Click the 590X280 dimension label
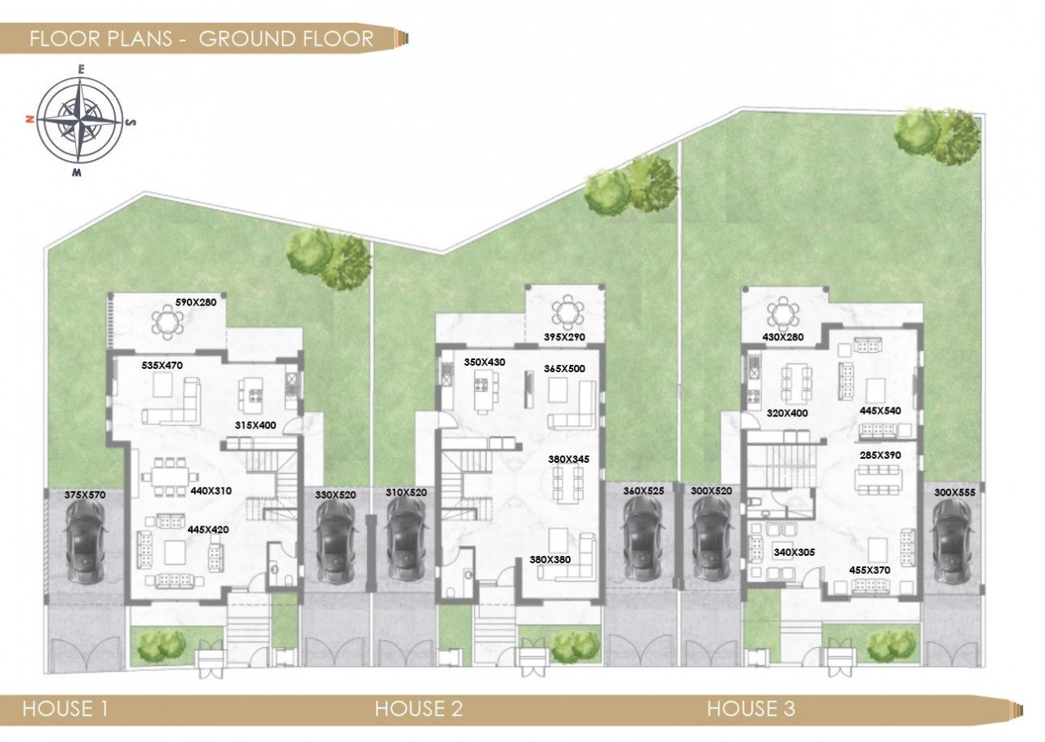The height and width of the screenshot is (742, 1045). pyautogui.click(x=196, y=302)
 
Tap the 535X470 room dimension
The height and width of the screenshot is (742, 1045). pyautogui.click(x=162, y=365)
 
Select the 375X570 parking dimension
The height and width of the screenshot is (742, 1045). pyautogui.click(x=86, y=495)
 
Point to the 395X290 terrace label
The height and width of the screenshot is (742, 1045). pyautogui.click(x=564, y=337)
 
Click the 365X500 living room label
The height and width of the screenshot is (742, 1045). pyautogui.click(x=564, y=368)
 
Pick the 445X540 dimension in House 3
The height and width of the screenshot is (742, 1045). pyautogui.click(x=881, y=411)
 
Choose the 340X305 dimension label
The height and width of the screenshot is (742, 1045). pyautogui.click(x=794, y=552)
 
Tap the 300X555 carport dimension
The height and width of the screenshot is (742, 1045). pyautogui.click(x=954, y=492)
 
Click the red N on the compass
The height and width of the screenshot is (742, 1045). pyautogui.click(x=29, y=120)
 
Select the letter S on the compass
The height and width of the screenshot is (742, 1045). pyautogui.click(x=132, y=122)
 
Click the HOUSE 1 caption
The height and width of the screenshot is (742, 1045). pyautogui.click(x=64, y=709)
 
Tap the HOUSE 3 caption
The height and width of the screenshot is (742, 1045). pyautogui.click(x=750, y=709)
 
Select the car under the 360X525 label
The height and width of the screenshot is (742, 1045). pyautogui.click(x=643, y=540)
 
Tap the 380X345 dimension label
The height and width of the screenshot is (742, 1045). pyautogui.click(x=568, y=459)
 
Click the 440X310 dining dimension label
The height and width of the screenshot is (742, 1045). pyautogui.click(x=211, y=491)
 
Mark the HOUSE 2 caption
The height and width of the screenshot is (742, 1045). pyautogui.click(x=419, y=709)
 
